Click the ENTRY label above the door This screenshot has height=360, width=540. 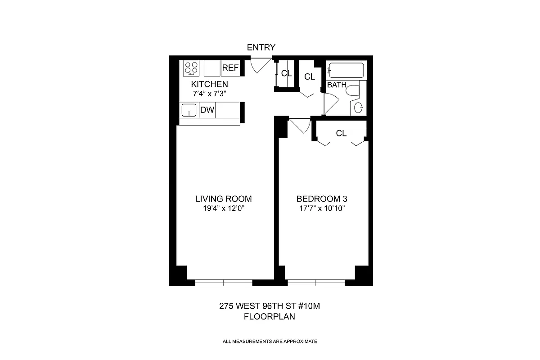tap(261, 48)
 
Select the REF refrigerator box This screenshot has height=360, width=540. tap(230, 68)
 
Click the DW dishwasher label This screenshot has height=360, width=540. tap(207, 110)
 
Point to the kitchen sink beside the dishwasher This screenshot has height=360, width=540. tap(189, 110)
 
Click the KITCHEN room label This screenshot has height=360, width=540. tap(209, 85)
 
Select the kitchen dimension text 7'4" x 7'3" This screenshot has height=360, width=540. tap(208, 94)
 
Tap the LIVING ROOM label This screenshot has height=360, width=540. tap(223, 199)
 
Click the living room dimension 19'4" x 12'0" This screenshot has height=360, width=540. tap(223, 209)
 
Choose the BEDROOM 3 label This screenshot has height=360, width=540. tap(321, 199)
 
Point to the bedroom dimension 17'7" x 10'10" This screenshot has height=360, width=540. tap(321, 209)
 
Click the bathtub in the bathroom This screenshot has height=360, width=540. tap(346, 71)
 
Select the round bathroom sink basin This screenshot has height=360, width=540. tap(359, 108)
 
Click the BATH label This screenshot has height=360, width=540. tap(337, 85)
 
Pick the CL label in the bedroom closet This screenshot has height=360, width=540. tap(341, 133)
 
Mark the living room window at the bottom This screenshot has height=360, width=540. tap(224, 283)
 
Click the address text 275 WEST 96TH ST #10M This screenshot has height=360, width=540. tap(269, 306)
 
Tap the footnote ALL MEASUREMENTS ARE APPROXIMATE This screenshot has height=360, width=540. tap(270, 342)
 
